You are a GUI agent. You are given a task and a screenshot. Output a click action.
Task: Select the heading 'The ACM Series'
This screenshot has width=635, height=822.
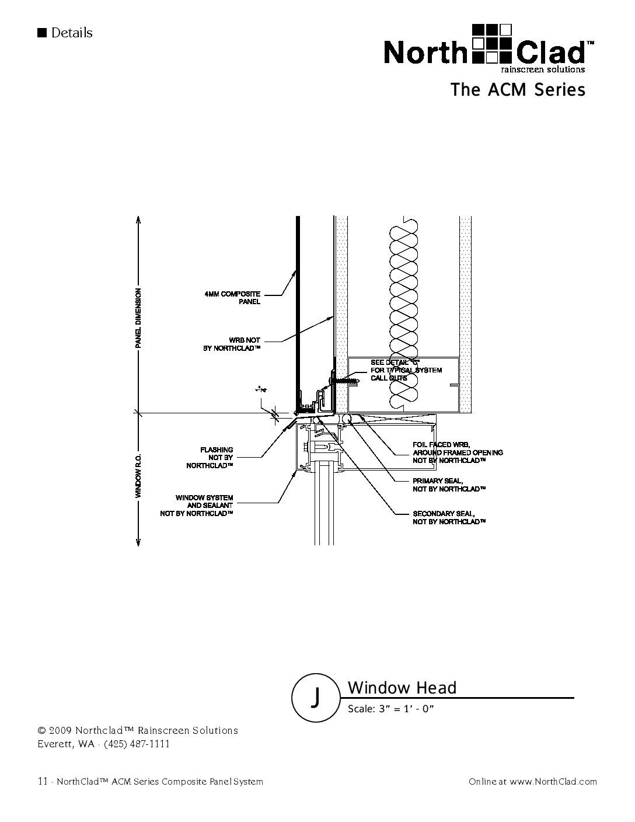[x=517, y=90]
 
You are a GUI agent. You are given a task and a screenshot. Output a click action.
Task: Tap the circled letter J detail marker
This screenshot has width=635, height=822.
[x=315, y=695]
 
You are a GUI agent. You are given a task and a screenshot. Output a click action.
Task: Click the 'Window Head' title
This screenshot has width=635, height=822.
[x=402, y=688]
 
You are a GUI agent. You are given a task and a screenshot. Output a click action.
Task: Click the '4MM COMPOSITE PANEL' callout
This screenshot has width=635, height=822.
[x=232, y=297]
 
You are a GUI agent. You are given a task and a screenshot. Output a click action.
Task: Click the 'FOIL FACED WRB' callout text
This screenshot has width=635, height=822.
[x=458, y=452]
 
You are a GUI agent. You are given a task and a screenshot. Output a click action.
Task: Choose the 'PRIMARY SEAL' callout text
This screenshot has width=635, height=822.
[x=449, y=485]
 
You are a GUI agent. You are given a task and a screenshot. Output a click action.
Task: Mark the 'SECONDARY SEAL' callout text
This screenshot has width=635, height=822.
[x=449, y=517]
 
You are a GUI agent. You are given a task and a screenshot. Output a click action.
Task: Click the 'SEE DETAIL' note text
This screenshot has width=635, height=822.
[x=406, y=370]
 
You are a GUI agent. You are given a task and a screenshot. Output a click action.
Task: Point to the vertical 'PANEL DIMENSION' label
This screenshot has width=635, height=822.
[x=138, y=318]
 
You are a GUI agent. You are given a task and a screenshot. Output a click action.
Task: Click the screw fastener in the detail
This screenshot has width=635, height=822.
[x=346, y=380]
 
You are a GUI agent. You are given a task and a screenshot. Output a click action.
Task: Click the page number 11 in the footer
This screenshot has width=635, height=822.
[x=42, y=781]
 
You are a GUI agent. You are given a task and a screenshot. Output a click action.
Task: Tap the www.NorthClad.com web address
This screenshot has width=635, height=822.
[x=553, y=782]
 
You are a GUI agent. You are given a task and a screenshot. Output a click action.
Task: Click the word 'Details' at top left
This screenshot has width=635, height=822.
[x=72, y=33]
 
